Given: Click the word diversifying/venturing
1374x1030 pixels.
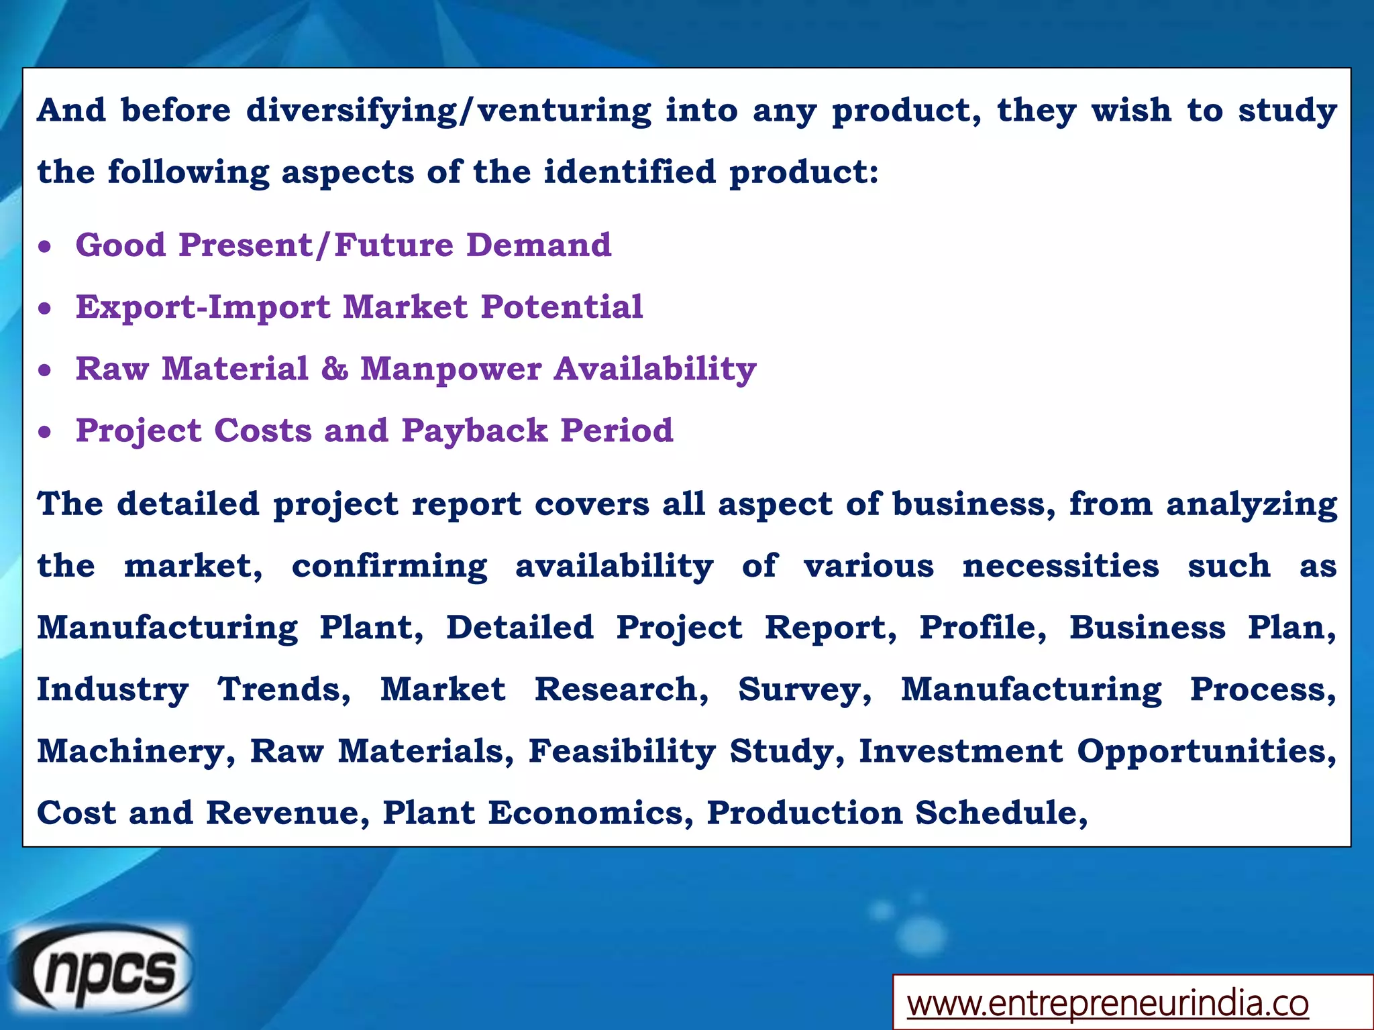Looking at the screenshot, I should [448, 111].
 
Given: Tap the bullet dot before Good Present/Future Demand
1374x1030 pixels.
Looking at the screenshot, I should [45, 247].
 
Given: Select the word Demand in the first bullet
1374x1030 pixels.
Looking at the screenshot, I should [539, 245].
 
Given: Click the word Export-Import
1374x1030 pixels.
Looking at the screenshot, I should [203, 307].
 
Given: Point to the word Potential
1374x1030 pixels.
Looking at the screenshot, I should [562, 307].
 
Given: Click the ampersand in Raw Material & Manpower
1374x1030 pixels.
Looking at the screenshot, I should [334, 369].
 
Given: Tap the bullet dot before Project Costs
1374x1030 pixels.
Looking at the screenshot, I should [45, 433].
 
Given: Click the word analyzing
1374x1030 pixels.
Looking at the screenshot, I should [1251, 505].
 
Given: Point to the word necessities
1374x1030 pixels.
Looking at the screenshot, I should [1060, 566].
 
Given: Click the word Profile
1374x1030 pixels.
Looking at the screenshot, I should [982, 628].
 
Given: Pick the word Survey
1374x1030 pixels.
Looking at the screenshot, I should [804, 690].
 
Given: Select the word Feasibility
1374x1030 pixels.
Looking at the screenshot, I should [622, 752].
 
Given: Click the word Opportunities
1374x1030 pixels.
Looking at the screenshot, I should [1206, 752].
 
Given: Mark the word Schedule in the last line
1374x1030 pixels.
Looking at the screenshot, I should [1000, 813].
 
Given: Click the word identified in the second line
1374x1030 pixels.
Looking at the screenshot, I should [629, 172].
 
